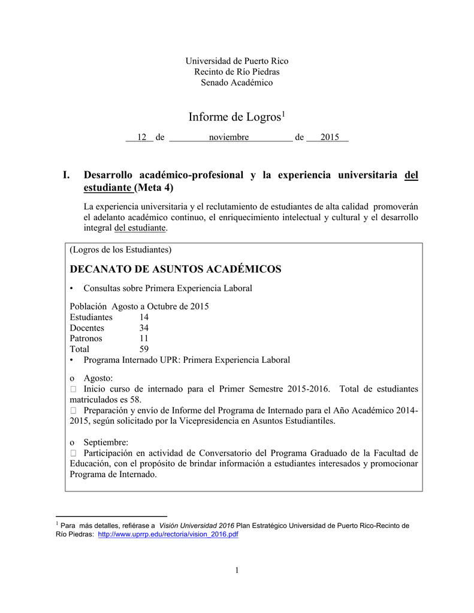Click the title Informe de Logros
pos(234,117)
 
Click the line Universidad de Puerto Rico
pos(237,61)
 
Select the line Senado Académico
pos(237,83)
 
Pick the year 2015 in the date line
pos(330,138)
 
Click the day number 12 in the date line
pos(142,138)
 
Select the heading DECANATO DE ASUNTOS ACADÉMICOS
pos(176,269)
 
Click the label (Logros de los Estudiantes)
pos(120,249)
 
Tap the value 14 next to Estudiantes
pos(144,317)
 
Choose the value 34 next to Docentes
pos(144,328)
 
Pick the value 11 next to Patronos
pos(144,338)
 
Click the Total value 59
pos(144,349)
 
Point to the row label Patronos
pos(86,338)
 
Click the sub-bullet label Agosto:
pos(98,378)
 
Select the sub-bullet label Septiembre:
pos(105,442)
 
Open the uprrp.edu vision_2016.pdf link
pos(168,535)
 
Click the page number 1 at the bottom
pos(237,570)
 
